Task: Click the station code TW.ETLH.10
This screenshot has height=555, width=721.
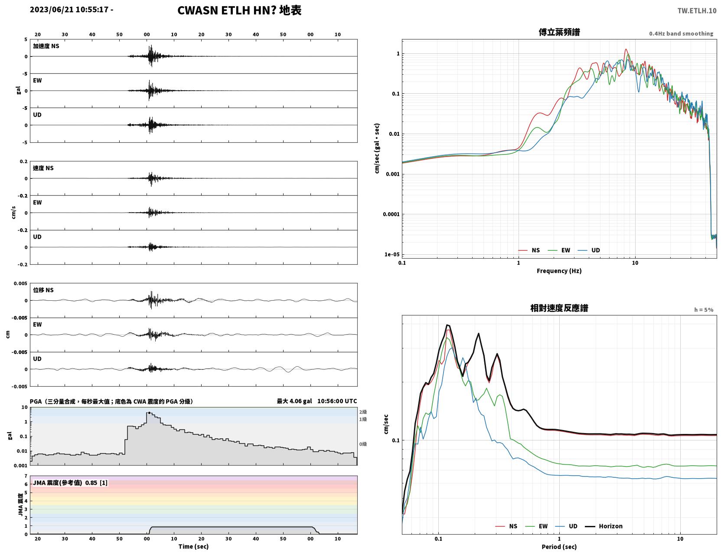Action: (x=697, y=10)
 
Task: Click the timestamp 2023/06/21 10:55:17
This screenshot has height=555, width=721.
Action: (x=69, y=9)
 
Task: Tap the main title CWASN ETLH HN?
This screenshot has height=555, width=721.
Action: (x=227, y=10)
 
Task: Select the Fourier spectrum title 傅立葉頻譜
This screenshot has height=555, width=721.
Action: (x=559, y=32)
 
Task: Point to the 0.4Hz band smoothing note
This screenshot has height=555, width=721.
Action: (x=681, y=33)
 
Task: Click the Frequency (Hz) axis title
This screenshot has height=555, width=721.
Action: (x=559, y=271)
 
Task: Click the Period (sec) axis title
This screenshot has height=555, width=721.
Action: (x=559, y=546)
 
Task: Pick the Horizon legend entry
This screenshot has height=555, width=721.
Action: (x=604, y=526)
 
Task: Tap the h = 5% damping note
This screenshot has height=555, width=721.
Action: (x=703, y=310)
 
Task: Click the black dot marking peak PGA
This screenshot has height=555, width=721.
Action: (x=149, y=413)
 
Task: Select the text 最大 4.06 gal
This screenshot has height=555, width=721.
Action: (x=294, y=401)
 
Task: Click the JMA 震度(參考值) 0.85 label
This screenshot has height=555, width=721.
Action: (x=65, y=483)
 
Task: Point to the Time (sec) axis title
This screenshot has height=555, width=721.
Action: (x=193, y=546)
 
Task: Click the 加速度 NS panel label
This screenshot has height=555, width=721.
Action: (x=46, y=46)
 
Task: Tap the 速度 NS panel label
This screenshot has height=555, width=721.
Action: (x=43, y=168)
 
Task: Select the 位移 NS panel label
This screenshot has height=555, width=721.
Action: (x=43, y=290)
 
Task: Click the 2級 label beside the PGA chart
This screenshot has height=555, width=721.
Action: (x=363, y=412)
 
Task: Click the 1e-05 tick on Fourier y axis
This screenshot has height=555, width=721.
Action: (x=392, y=255)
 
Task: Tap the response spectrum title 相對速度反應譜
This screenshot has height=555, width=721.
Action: (x=559, y=308)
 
